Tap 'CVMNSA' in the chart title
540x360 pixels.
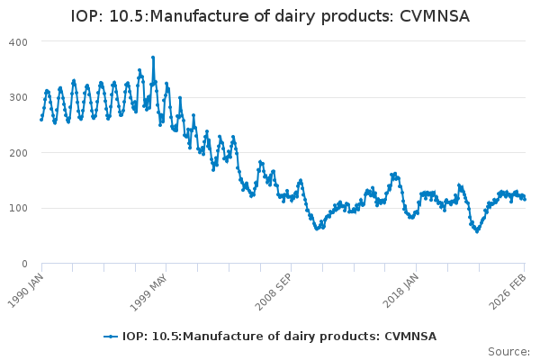tap(435, 16)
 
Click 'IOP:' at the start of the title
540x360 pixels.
tap(89, 16)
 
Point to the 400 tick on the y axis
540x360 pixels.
tap(18, 42)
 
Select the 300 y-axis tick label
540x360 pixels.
tap(18, 97)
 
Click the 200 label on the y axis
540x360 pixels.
tap(18, 153)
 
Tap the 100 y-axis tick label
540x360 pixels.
tap(18, 209)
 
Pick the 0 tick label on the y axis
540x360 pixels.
tap(24, 264)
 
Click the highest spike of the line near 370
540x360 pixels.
tap(153, 58)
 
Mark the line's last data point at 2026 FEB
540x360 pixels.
tap(526, 199)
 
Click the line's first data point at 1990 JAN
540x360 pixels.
tap(41, 119)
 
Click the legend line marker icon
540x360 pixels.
tap(111, 337)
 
